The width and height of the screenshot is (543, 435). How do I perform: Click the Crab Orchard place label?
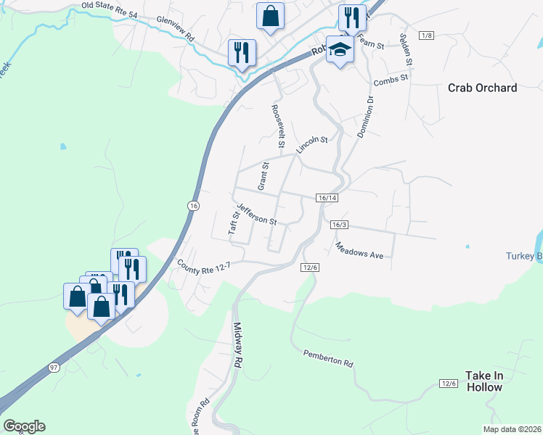pos(482,88)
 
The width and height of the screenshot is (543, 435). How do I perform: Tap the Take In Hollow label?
pos(483,381)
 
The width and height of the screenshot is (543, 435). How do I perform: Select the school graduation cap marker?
pos(339,49)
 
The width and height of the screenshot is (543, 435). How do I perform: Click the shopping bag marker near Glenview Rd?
pos(270,16)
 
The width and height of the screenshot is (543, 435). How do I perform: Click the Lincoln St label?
pos(312,144)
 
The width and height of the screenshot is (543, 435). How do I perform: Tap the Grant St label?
pos(264,174)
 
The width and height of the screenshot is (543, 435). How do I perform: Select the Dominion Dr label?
pos(364,117)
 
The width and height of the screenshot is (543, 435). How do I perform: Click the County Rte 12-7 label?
pos(204,266)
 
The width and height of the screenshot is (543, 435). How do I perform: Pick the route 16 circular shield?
pos(192,206)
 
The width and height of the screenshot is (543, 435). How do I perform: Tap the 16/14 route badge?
pos(327,198)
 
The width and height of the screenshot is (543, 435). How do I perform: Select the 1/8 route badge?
pos(427,36)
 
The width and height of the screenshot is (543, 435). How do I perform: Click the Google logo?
pos(24,426)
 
